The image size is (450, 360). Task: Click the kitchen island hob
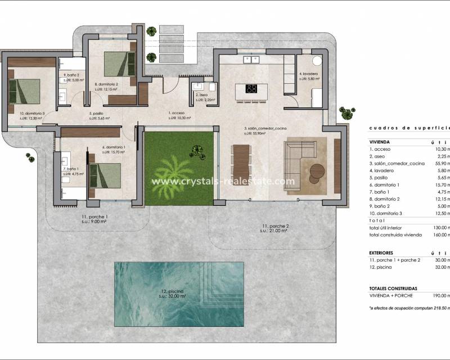(x=251, y=88)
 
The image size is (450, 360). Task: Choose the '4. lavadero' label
(x=309, y=74)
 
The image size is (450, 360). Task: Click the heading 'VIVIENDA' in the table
(x=380, y=142)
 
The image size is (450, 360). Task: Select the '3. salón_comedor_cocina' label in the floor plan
(x=265, y=129)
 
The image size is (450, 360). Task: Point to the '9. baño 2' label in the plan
(x=71, y=75)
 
